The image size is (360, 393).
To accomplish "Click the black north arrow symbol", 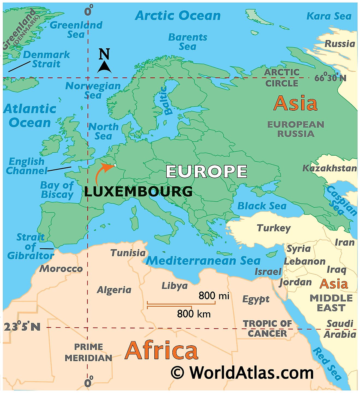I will tap(104, 67).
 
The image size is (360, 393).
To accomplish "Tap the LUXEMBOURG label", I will tap(138, 192).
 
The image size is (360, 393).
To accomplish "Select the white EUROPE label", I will tap(206, 172).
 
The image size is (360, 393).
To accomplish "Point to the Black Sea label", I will tap(262, 206).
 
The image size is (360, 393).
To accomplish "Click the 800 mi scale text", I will tap(214, 296).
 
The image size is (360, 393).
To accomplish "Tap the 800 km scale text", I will tap(194, 314).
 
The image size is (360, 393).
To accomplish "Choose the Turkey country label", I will tap(274, 228).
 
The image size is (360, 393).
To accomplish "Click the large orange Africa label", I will tap(161, 351).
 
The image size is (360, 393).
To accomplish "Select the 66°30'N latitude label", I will tap(330, 78).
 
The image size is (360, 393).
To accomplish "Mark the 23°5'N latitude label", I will tap(22, 327).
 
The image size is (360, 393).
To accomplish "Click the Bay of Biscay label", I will tap(57, 190).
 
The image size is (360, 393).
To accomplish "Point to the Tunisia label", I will tap(128, 253).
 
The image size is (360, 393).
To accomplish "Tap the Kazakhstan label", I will tap(329, 168).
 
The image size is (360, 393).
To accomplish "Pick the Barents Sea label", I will tap(188, 42).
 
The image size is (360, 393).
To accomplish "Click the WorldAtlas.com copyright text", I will tap(242, 373).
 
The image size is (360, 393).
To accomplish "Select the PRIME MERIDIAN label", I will tap(89, 352).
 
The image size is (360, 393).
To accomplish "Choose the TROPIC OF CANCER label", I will tap(267, 328).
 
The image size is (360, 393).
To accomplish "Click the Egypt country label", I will tap(256, 299).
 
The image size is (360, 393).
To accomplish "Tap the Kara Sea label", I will tap(329, 16).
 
